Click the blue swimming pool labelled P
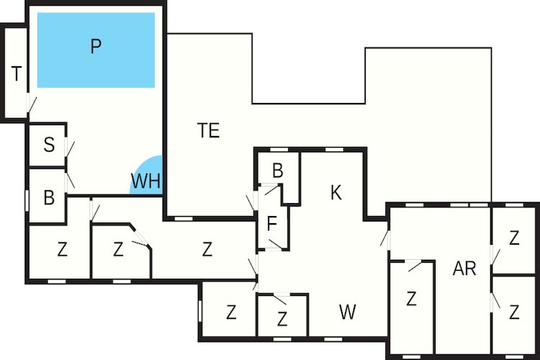(96, 50)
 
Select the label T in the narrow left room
(16, 73)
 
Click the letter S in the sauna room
(49, 145)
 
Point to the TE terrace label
(209, 130)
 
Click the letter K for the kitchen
(336, 192)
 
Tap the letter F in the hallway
(271, 224)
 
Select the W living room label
(347, 312)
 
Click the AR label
(464, 269)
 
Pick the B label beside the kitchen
(278, 170)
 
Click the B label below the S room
(49, 198)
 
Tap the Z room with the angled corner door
(121, 251)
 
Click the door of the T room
(31, 103)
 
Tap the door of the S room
(70, 148)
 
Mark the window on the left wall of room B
(27, 200)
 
